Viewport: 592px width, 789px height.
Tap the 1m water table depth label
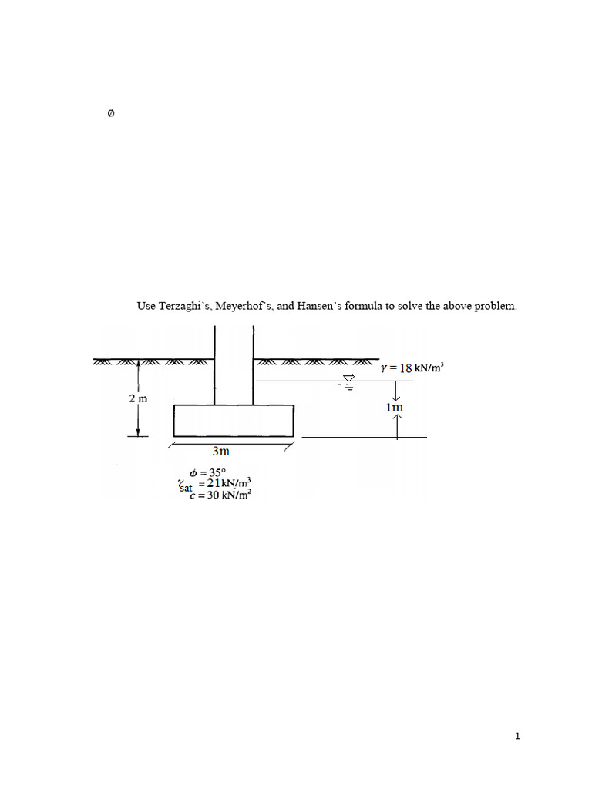coord(395,407)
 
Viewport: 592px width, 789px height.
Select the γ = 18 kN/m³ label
coord(412,368)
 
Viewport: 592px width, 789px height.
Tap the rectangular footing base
coord(233,421)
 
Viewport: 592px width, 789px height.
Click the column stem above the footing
coord(234,362)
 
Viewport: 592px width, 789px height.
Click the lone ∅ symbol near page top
coord(110,114)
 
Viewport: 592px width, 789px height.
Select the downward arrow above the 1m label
coord(397,391)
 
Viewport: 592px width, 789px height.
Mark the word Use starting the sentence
coord(146,306)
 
